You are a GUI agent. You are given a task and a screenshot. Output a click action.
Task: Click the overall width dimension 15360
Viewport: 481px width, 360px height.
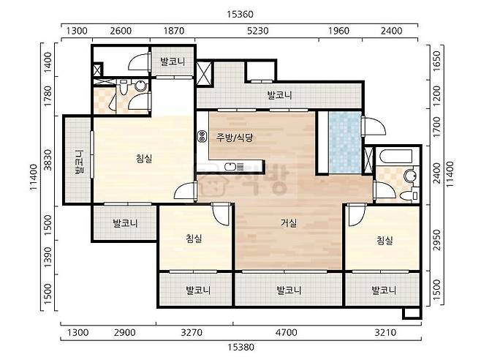(240, 15)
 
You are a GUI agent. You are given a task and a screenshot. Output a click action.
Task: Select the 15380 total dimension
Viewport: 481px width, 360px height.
(240, 347)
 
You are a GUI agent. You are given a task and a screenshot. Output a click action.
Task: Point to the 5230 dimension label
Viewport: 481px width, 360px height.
(257, 31)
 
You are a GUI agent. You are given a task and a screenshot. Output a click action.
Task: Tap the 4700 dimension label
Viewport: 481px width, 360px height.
(287, 333)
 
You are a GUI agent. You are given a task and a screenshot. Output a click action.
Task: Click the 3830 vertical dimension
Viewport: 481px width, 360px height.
(48, 160)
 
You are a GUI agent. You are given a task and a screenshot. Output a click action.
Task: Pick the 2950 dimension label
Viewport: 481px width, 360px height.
(436, 240)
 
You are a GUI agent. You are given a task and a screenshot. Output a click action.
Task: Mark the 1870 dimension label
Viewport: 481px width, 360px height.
(174, 31)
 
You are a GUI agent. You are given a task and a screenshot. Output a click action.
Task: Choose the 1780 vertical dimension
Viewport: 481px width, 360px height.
(48, 96)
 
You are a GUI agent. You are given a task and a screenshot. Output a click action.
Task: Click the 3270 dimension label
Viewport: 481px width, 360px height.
(192, 333)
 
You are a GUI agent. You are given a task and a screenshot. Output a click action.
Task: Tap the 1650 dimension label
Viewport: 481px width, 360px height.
(436, 61)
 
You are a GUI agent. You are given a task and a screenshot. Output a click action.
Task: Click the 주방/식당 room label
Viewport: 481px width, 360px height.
(235, 138)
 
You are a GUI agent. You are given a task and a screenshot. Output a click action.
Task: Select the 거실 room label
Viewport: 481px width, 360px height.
(289, 222)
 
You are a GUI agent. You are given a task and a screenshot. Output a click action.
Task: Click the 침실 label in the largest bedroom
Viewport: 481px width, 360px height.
(144, 159)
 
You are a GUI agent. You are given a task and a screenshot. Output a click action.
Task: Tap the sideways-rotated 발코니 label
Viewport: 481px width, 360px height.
(79, 162)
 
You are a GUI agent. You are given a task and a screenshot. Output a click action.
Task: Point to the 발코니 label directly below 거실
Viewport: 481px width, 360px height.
(289, 290)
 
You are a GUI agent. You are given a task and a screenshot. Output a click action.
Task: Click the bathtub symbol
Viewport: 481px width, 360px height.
(395, 156)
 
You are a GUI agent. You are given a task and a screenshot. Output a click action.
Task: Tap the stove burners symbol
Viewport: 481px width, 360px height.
(202, 136)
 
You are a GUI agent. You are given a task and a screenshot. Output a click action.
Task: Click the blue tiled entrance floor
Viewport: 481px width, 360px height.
(344, 142)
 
